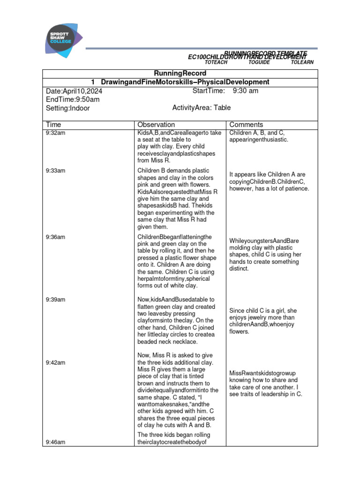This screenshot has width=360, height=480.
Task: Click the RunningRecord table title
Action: coord(180,74)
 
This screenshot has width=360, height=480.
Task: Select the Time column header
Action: coord(53,125)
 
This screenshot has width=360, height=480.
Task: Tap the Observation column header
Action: coord(156,125)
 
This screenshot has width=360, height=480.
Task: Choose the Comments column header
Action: coord(246,125)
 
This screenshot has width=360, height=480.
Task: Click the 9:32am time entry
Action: coord(55,133)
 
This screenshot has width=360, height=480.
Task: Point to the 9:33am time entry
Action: coord(55,171)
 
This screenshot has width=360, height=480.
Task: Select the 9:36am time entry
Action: coord(55,237)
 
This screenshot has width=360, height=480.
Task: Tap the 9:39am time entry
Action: coord(55,300)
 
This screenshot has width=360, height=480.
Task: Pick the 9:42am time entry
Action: coord(55,363)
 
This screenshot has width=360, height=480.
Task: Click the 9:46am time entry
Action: coord(55,442)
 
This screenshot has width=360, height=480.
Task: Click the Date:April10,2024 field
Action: coord(75,91)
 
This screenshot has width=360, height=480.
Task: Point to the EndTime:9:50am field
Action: coord(73,99)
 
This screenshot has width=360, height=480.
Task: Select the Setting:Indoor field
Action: coord(68,108)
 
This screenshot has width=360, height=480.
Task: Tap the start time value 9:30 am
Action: coord(245,90)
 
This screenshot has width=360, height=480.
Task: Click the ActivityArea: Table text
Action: coord(202,108)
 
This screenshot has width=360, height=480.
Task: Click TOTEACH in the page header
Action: coord(216,62)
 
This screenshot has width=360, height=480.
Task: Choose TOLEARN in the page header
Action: coord(302,62)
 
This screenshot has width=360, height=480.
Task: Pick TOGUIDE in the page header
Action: coord(259,62)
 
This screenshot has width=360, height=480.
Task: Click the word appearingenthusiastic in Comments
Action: coord(259,140)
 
